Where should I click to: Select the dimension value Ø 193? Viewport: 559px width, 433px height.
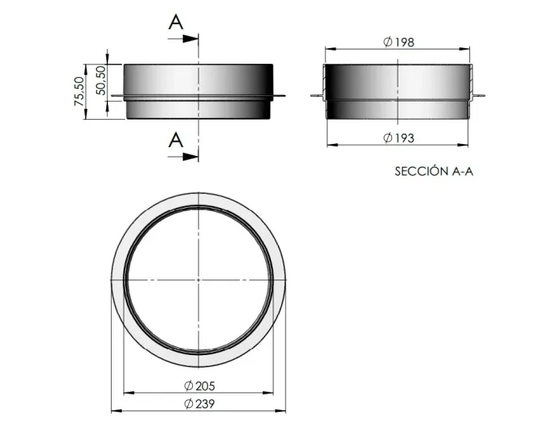coord(399,138)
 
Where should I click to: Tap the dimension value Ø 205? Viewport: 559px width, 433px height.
coord(200,386)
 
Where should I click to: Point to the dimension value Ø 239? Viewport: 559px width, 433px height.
coord(200,403)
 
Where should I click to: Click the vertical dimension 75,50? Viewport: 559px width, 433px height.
coord(79,91)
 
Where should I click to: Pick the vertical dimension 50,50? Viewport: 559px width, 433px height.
coord(99,80)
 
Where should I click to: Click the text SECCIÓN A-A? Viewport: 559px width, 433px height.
coord(434,171)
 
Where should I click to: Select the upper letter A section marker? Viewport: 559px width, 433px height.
coord(176,22)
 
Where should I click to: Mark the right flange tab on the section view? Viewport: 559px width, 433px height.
coord(480,98)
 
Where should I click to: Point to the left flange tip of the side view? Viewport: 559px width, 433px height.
coord(114,98)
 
